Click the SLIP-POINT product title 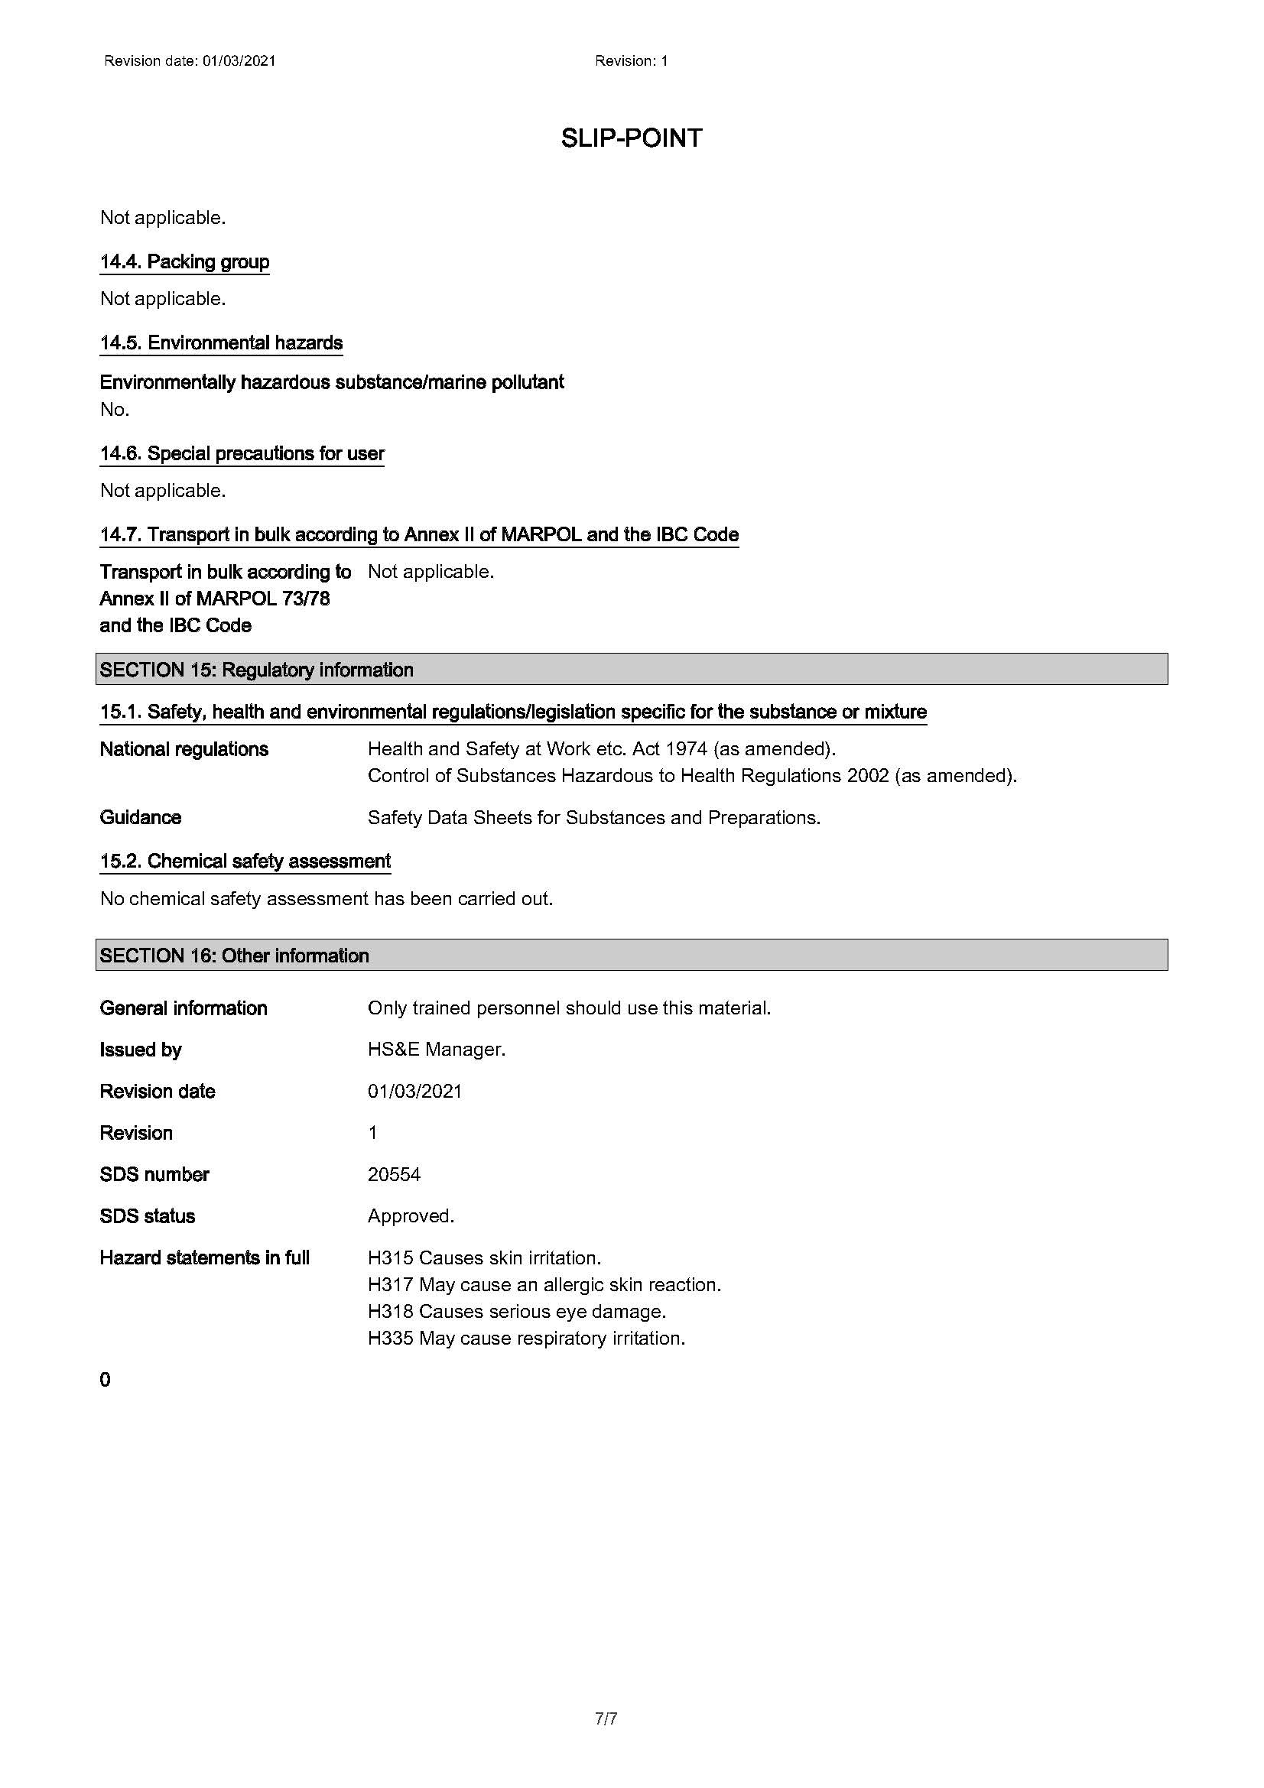pos(631,138)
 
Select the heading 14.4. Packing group pos(184,261)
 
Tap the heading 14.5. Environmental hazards pos(221,342)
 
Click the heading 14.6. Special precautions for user pos(242,453)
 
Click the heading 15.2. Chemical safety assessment pos(245,861)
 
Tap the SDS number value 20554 pos(394,1174)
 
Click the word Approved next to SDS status pos(411,1215)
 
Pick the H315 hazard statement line pos(484,1257)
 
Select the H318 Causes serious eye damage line pos(517,1312)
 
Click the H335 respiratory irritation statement pos(526,1338)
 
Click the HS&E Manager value pos(436,1049)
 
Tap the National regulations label pos(184,749)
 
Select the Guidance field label pos(140,817)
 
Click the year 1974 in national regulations pos(686,749)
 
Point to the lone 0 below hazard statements pos(105,1380)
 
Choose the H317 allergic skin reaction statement pos(544,1284)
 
